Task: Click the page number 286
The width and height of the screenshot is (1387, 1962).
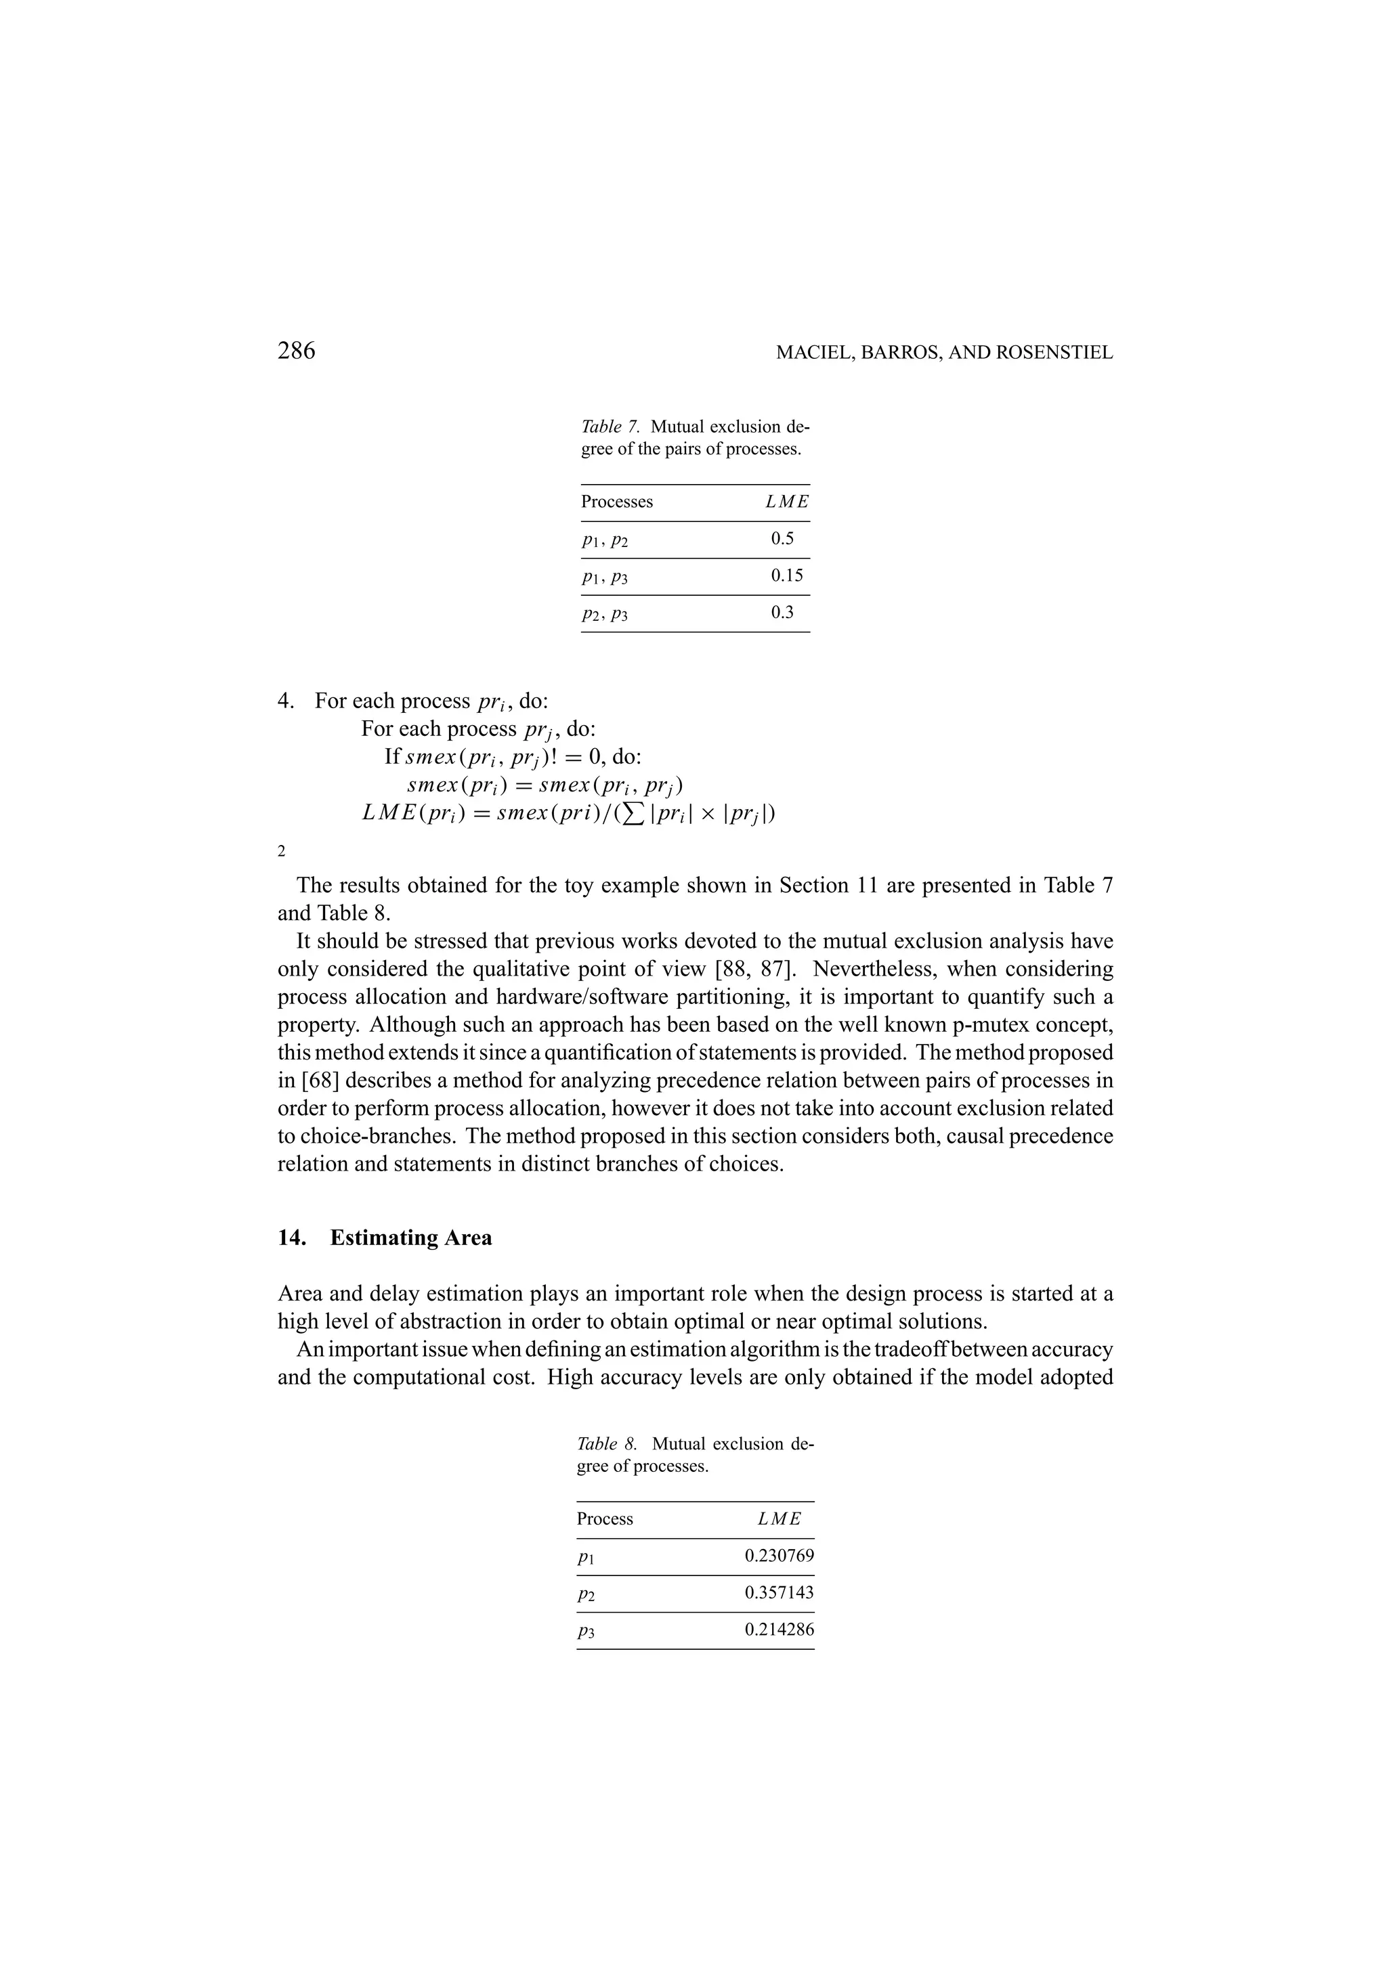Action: click(297, 351)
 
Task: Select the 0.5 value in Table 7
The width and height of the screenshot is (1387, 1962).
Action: click(782, 538)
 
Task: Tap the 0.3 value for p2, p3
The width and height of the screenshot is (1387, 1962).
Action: click(782, 612)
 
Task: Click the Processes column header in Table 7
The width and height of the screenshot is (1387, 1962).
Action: click(616, 502)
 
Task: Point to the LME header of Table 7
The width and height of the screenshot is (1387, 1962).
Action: click(786, 502)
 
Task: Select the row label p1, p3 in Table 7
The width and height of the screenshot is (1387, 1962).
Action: click(604, 577)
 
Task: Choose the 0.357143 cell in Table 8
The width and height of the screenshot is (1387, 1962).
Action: click(779, 1592)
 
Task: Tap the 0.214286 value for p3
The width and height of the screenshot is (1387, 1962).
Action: click(779, 1629)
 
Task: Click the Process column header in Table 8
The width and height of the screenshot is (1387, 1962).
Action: click(604, 1519)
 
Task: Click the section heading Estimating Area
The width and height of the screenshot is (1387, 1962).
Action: click(410, 1238)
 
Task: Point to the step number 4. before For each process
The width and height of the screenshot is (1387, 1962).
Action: click(286, 701)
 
